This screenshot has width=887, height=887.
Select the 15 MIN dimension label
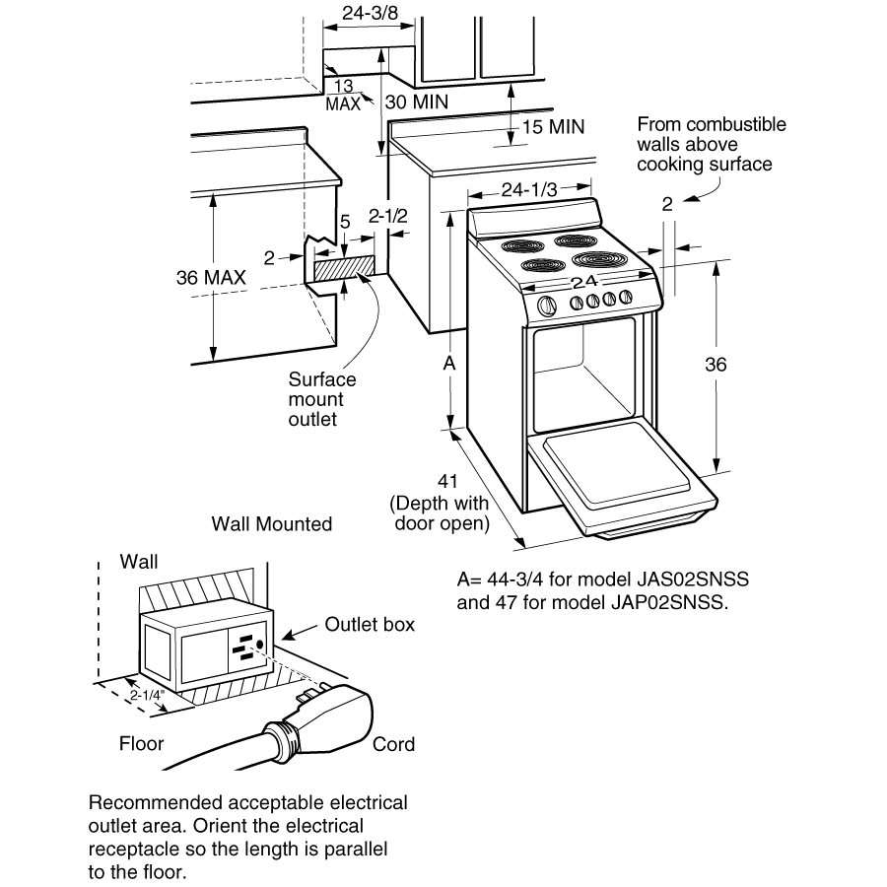click(x=553, y=127)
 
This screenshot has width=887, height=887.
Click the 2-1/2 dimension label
click(x=387, y=215)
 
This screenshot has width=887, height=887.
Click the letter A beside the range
click(x=449, y=364)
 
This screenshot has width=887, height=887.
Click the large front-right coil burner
click(x=597, y=260)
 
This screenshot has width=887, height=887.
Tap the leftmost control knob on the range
click(x=547, y=305)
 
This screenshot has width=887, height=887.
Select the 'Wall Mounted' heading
click(x=272, y=524)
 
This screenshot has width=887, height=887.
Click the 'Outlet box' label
click(x=370, y=625)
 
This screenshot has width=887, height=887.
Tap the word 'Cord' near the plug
click(x=393, y=744)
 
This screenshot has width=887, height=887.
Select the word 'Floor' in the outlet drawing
click(x=141, y=743)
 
